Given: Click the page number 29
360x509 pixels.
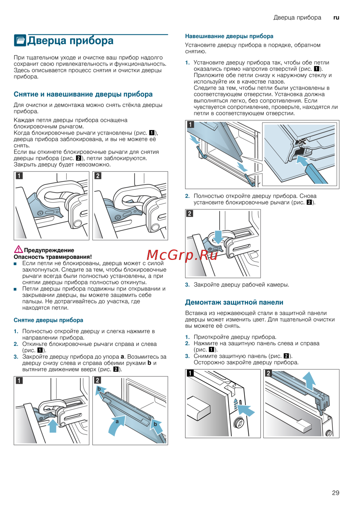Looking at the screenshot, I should pos(336,493).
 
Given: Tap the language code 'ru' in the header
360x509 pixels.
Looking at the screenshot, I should pos(336,17).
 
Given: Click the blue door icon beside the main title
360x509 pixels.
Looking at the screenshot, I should pos(20,40).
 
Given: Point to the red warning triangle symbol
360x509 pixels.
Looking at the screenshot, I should pos(18,249).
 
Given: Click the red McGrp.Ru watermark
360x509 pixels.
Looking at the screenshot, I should pos(182,255).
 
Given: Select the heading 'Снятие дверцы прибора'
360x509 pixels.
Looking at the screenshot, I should pos(48,320).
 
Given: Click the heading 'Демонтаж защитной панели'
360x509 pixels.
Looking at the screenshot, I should pos(234,302).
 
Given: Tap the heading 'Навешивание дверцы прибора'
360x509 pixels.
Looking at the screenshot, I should pos(229,36).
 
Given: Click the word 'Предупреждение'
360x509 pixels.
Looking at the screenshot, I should pos(49,250).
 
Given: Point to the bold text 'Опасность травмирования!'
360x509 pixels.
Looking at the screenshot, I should pos(53,257).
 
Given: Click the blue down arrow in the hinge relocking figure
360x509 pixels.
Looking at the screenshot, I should pos(218,237).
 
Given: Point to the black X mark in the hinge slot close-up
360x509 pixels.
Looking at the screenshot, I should pos(301,141).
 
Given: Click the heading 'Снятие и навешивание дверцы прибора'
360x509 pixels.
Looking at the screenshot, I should pos(83,94).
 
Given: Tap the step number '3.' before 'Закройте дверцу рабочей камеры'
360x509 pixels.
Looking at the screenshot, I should pos(187,285).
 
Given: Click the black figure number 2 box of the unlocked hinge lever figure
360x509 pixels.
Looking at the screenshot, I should pos(98,176).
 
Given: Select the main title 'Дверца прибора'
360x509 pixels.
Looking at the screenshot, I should pos(71,41).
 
